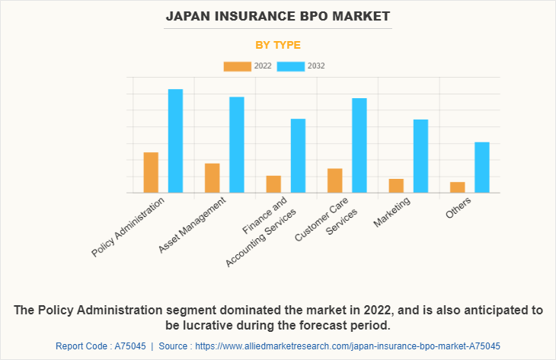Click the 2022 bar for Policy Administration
(151, 173)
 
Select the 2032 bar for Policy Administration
(175, 141)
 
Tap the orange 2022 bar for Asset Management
(212, 178)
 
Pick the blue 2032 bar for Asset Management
(237, 145)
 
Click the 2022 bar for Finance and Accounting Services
(273, 184)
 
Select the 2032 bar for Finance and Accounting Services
(298, 155)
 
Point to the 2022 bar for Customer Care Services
(335, 180)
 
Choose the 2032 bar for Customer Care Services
(359, 145)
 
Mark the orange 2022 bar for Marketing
(396, 186)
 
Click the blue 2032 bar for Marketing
(420, 156)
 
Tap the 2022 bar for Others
(457, 187)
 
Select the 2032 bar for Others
(481, 167)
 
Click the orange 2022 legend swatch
(237, 66)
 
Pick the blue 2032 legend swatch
(291, 66)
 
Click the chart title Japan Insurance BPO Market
(277, 16)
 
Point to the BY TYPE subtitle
(277, 45)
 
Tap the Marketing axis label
(393, 212)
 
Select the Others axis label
(459, 206)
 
